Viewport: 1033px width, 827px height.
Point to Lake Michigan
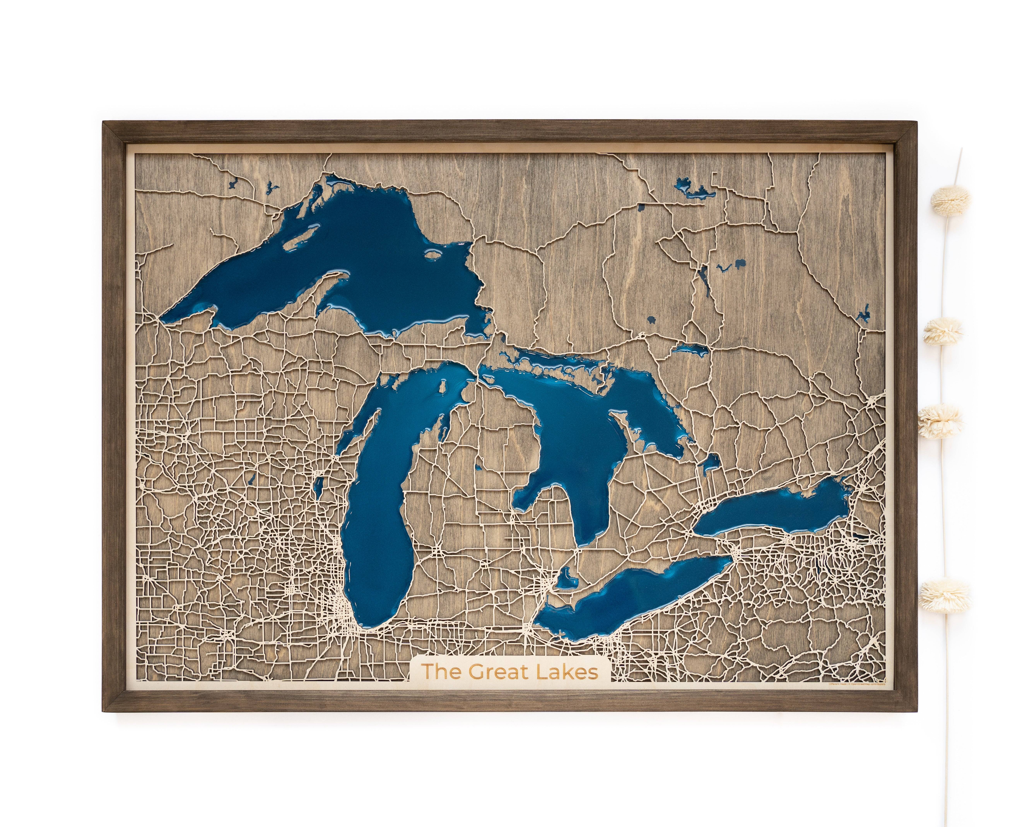click(x=379, y=518)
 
